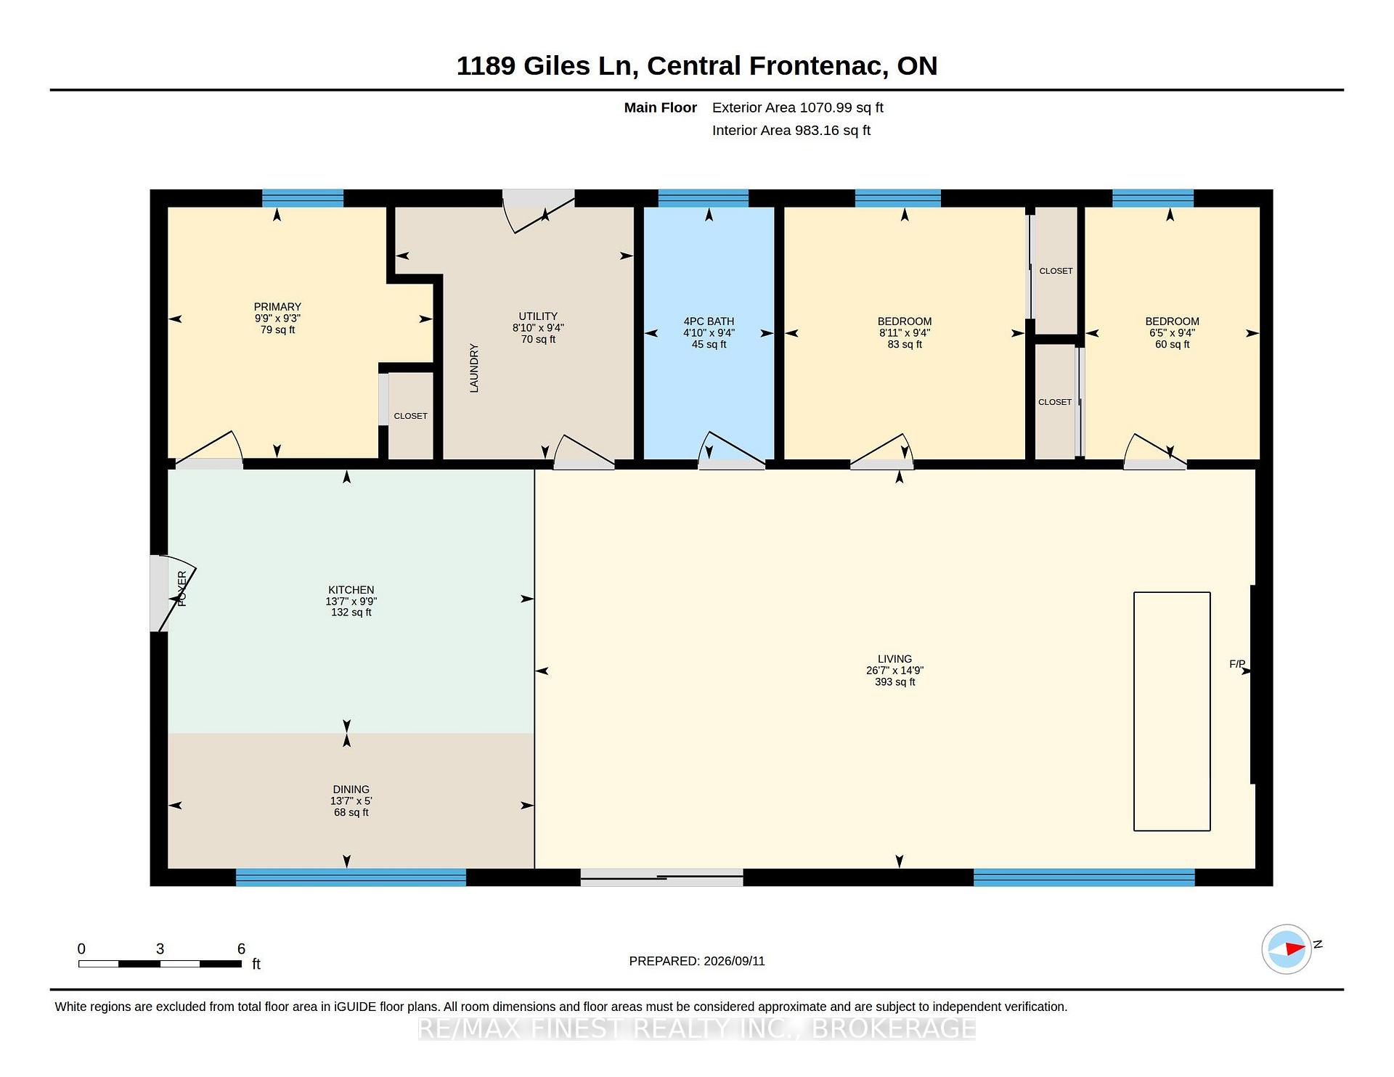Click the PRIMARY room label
click(277, 307)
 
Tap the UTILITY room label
click(538, 316)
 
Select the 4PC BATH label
click(709, 322)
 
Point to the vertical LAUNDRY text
click(474, 368)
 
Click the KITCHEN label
click(351, 590)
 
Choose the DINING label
click(351, 790)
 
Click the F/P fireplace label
click(1237, 664)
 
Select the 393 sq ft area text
click(895, 682)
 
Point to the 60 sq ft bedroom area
click(1173, 345)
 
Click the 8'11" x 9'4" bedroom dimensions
click(905, 333)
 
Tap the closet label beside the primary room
click(411, 416)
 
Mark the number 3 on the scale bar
click(160, 949)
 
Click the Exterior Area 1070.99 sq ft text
click(798, 107)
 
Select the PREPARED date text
click(697, 961)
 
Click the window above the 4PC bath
click(703, 198)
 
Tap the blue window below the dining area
click(351, 877)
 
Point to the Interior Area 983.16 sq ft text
click(791, 131)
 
